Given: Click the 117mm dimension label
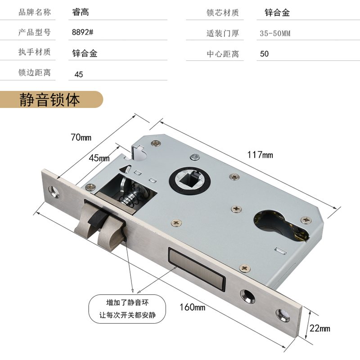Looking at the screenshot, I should pos(260,155).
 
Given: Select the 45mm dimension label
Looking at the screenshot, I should pos(99,158).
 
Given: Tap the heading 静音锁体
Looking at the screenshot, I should pos(49,99).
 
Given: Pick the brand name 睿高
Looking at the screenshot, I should pos(81,12).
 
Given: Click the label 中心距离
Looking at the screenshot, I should pos(222,54).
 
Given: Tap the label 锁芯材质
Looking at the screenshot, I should pos(222,13).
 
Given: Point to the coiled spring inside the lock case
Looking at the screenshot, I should pos(130,198).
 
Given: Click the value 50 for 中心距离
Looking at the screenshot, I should pos(265,54).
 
